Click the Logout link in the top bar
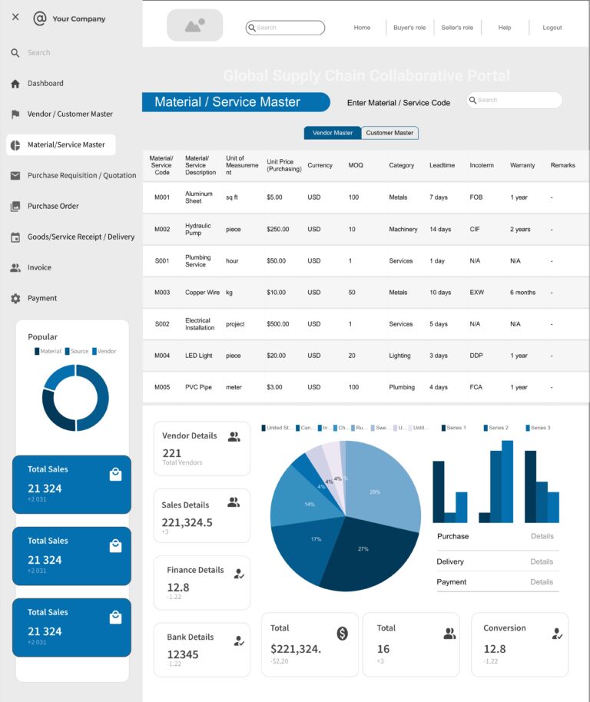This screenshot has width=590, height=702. (x=552, y=28)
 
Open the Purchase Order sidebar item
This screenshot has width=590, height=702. (x=53, y=206)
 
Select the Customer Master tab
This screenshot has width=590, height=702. (x=389, y=133)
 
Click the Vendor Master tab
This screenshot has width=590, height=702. (x=333, y=133)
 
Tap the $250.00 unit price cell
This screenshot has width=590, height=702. (x=278, y=230)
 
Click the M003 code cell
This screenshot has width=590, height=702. (x=162, y=293)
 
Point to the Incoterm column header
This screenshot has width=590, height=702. (x=482, y=165)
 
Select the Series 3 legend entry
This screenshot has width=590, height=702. (x=538, y=428)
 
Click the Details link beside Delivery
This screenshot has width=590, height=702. (x=542, y=561)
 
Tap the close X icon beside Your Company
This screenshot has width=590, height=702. (x=15, y=17)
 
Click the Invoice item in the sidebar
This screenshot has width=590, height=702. (x=39, y=267)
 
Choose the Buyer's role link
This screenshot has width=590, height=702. (x=409, y=28)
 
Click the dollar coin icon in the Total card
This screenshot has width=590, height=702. (x=343, y=633)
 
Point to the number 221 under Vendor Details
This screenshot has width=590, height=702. (x=172, y=453)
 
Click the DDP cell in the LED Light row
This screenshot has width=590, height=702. (x=476, y=356)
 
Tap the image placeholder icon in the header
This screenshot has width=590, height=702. (x=194, y=25)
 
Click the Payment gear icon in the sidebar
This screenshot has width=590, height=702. (x=15, y=298)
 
